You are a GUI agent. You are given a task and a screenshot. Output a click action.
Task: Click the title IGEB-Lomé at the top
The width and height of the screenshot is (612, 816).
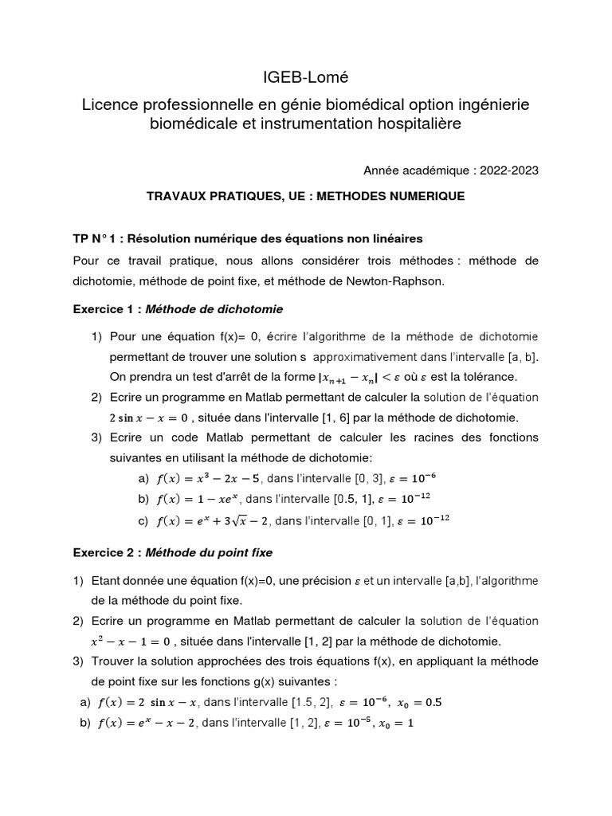tap(306, 77)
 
